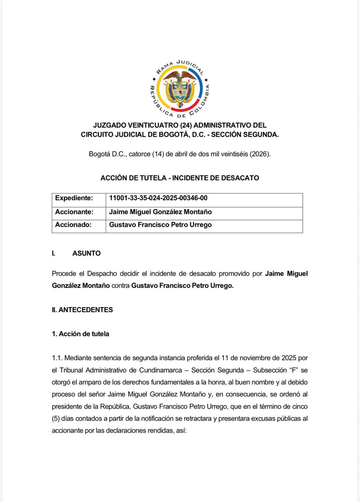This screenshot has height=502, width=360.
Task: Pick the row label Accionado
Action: pos(73,225)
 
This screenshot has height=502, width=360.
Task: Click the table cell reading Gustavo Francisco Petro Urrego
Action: pos(160,225)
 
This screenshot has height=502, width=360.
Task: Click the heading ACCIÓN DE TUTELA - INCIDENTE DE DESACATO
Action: pos(180,178)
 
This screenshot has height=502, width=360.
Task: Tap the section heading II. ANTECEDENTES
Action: pos(82,310)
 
